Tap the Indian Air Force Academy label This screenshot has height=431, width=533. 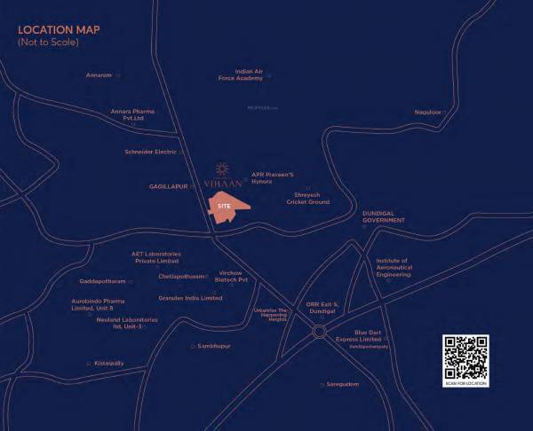[236, 74]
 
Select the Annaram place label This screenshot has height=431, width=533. [99, 75]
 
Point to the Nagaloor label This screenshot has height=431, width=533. [427, 112]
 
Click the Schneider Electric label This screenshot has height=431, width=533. [150, 153]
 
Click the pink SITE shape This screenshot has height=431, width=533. [228, 207]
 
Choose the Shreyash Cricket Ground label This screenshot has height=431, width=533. [307, 199]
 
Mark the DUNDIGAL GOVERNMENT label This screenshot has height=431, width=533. [384, 217]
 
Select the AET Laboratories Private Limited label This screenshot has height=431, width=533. [156, 257]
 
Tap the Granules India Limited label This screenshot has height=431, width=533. [189, 298]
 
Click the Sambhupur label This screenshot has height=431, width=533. [214, 345]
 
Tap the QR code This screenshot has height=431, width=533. [465, 357]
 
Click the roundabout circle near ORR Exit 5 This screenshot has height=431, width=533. [319, 332]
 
